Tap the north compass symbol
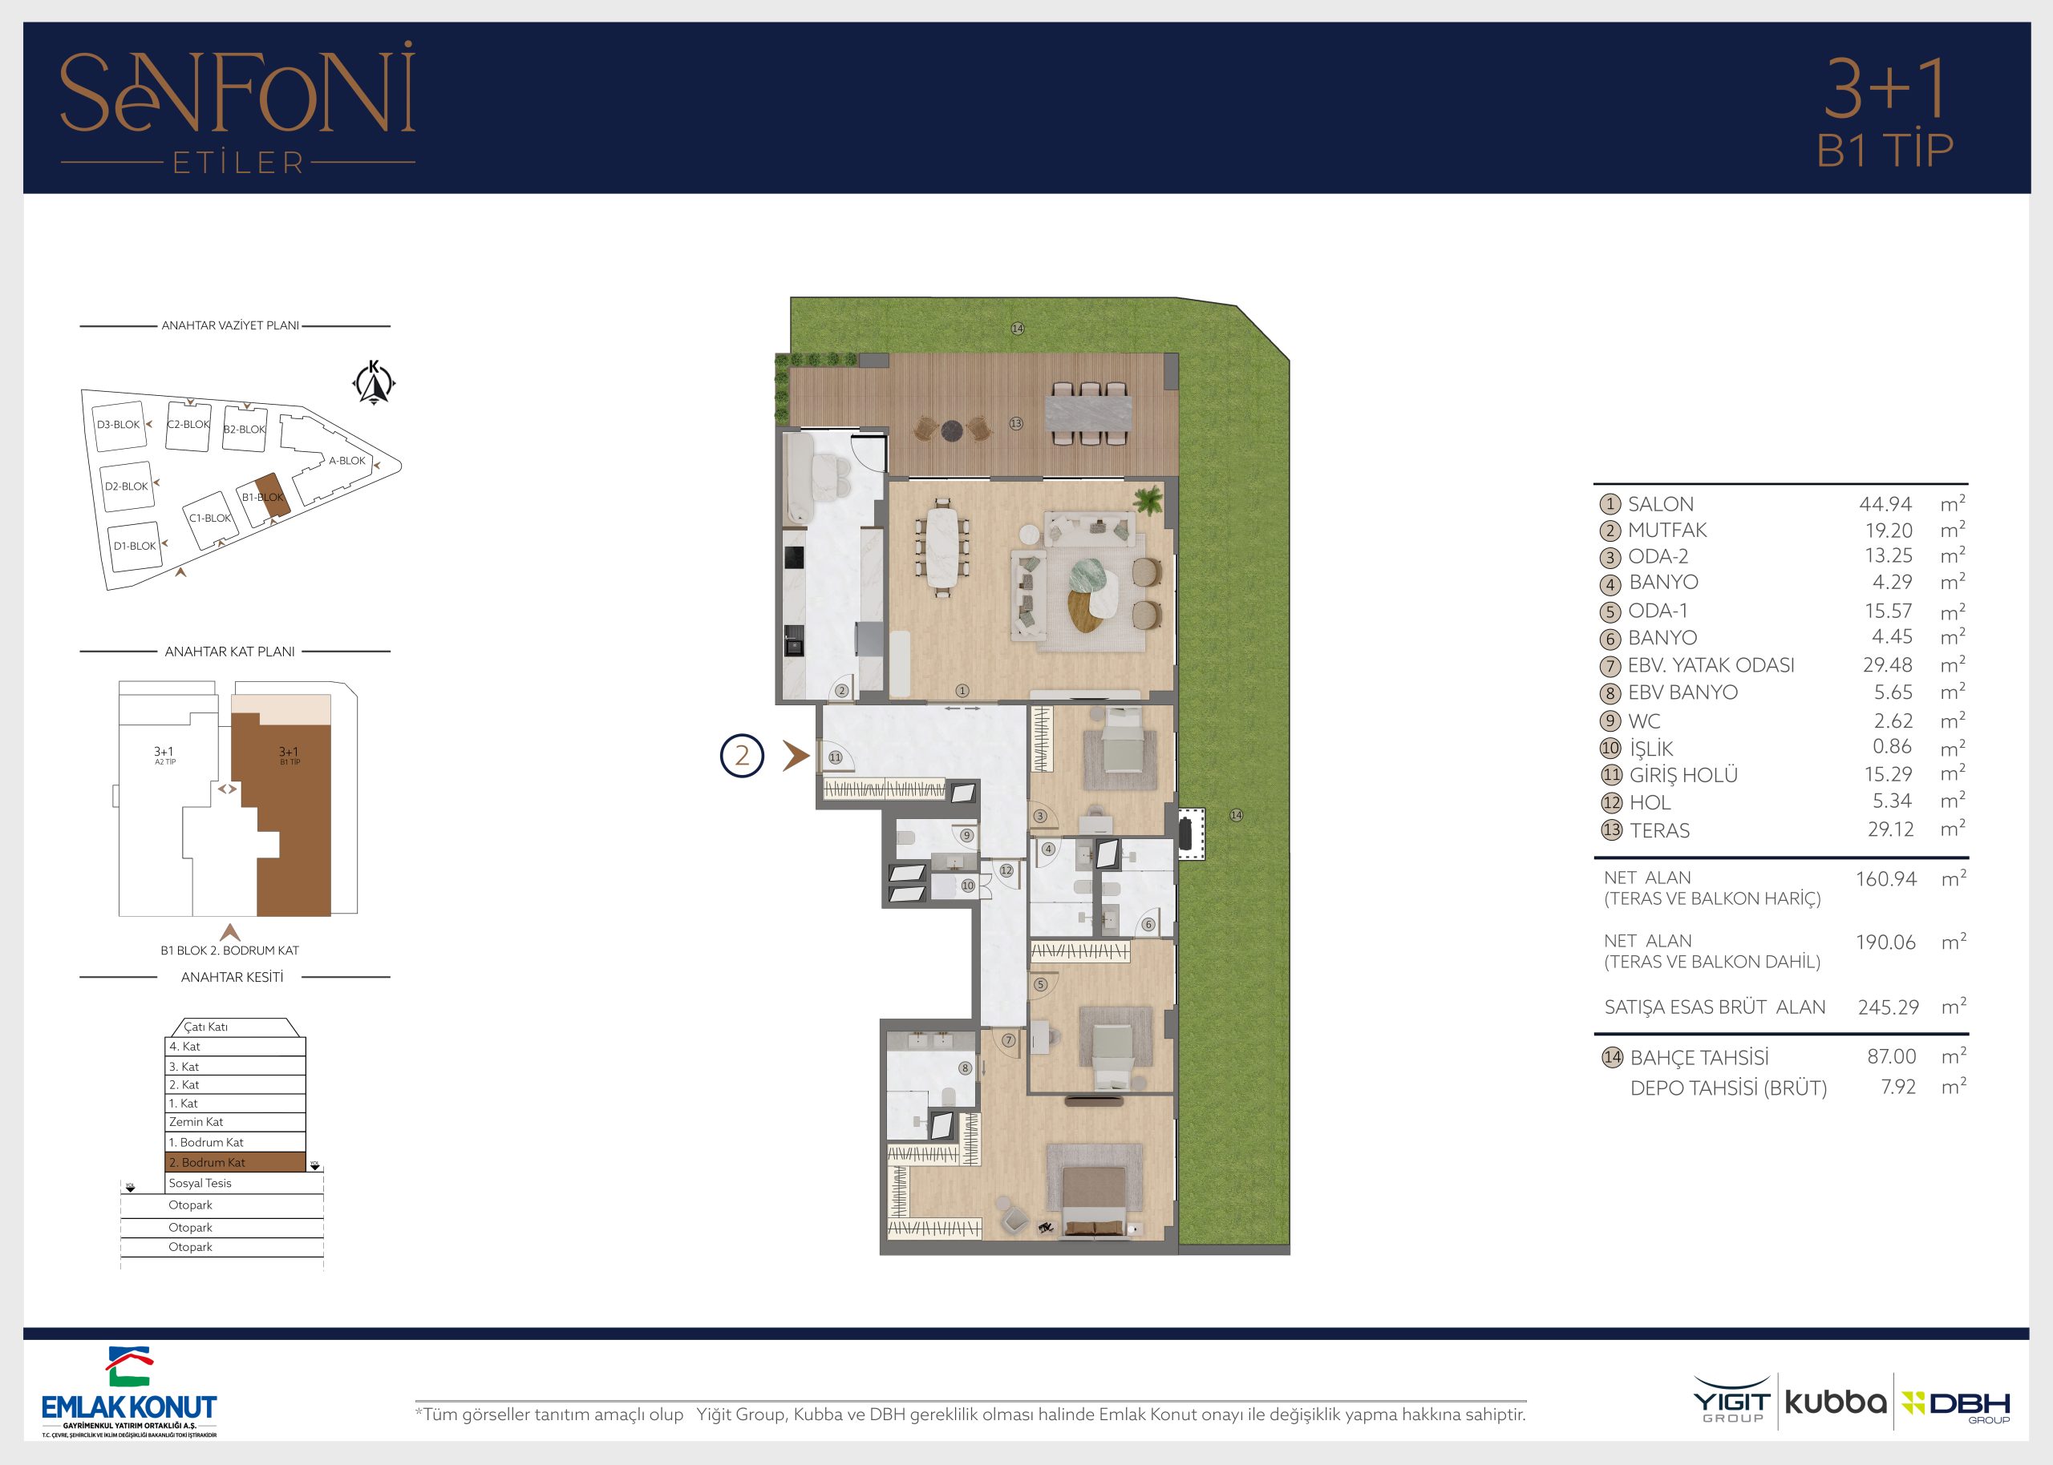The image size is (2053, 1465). click(374, 382)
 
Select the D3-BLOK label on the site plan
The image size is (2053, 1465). click(118, 425)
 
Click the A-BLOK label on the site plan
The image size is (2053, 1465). click(347, 460)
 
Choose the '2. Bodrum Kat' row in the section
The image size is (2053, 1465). click(236, 1162)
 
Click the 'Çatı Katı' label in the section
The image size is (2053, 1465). click(206, 1027)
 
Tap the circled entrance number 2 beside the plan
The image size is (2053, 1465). click(742, 755)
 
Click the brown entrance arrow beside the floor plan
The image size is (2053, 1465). click(795, 755)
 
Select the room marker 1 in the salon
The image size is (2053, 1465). click(962, 691)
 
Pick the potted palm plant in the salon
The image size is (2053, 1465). click(1148, 500)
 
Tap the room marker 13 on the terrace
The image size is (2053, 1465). click(1016, 423)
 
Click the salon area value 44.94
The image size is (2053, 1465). click(1885, 504)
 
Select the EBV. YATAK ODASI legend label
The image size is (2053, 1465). click(1711, 666)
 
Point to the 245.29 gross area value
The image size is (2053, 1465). click(1888, 1007)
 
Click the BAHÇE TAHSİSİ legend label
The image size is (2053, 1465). click(1699, 1057)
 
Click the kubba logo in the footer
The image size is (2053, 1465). click(1836, 1402)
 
